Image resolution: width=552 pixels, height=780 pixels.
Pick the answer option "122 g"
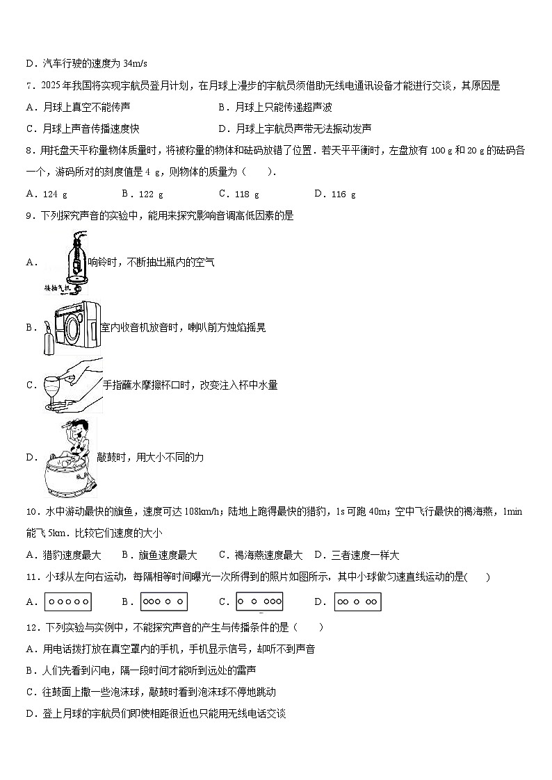(149, 194)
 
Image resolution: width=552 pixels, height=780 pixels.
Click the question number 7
(29, 86)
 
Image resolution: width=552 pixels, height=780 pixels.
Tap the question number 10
(32, 512)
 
